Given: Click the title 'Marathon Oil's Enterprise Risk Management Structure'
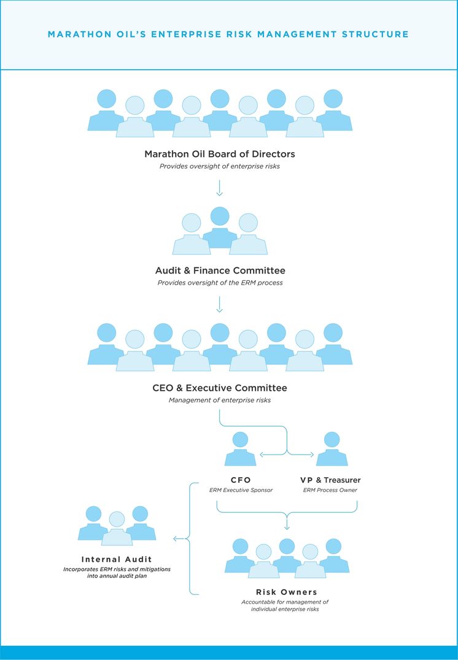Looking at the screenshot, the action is tap(228, 34).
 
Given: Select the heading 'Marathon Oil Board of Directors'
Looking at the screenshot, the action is tap(220, 154).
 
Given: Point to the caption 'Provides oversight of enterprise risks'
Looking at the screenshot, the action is tap(220, 166).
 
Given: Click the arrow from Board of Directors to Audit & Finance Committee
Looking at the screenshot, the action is tap(219, 188).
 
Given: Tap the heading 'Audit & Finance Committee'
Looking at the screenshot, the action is tap(220, 271).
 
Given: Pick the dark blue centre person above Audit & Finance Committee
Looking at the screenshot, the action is tap(220, 228).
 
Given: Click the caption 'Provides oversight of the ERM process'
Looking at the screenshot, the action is tap(220, 283).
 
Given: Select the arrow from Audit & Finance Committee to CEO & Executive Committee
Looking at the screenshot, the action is tap(219, 304).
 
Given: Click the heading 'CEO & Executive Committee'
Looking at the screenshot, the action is tap(220, 388).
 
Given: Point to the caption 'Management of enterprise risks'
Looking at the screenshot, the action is tap(220, 401).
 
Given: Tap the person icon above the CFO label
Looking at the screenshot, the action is tap(240, 449).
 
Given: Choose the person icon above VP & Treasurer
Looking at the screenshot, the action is tap(332, 449).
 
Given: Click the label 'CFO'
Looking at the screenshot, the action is tap(241, 480).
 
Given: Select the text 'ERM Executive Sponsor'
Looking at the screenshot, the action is tap(241, 490).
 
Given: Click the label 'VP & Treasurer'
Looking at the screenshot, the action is tap(330, 480).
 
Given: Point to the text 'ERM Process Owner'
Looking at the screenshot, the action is tap(330, 490).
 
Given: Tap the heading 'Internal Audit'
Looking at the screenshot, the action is tap(116, 559).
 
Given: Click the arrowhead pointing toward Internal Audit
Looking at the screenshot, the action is tap(176, 539).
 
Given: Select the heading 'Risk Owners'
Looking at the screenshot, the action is tap(287, 593).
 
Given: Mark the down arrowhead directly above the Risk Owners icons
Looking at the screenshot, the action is tap(287, 527).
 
